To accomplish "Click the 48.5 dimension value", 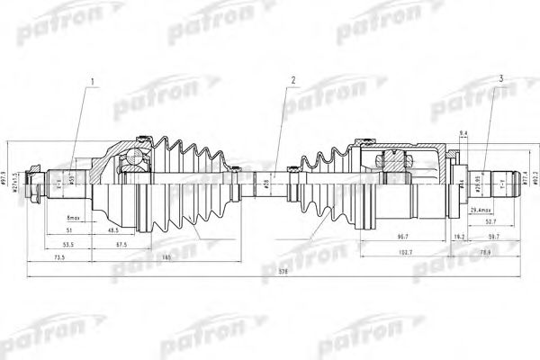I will pyautogui.click(x=114, y=230).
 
